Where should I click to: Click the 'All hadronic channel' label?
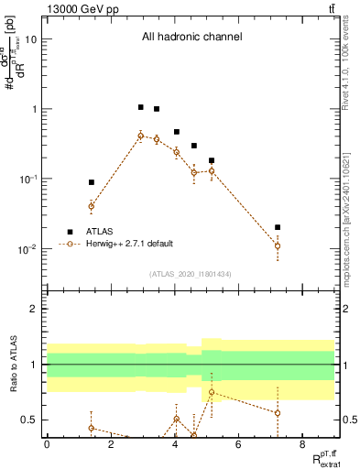(191, 38)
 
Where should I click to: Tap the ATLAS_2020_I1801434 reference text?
(191, 274)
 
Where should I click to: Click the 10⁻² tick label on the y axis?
(27, 248)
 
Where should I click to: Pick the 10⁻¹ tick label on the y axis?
(27, 179)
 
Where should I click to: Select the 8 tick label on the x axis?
(303, 444)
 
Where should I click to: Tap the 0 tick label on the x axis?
(47, 444)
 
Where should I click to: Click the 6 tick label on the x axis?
(239, 444)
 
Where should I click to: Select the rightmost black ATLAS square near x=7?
(278, 227)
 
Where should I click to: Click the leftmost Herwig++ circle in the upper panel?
(91, 206)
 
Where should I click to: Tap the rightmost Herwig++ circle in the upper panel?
(278, 245)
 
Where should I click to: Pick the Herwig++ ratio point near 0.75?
(212, 392)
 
